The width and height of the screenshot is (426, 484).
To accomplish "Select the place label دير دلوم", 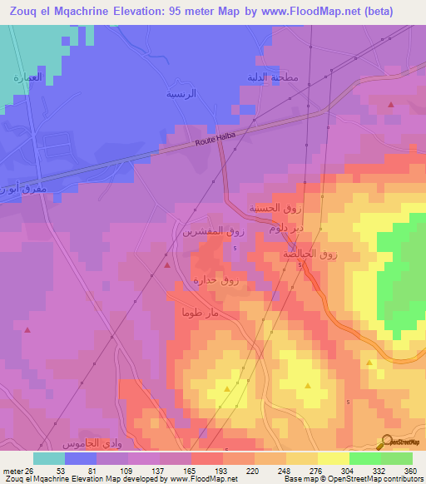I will (286, 227).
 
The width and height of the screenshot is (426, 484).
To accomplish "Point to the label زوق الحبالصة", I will (310, 253).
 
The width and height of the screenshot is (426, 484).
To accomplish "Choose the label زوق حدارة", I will (215, 281).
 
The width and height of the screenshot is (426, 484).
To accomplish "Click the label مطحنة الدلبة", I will (272, 77).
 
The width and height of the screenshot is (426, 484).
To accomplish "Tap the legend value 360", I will (409, 472).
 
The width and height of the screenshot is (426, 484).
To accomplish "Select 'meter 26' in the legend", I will (17, 472).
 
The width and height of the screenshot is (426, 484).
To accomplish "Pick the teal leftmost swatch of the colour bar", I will (49, 458).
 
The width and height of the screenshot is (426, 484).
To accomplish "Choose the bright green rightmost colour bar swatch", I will (397, 458).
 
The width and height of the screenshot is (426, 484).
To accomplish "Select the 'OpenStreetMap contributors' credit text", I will (379, 479).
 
